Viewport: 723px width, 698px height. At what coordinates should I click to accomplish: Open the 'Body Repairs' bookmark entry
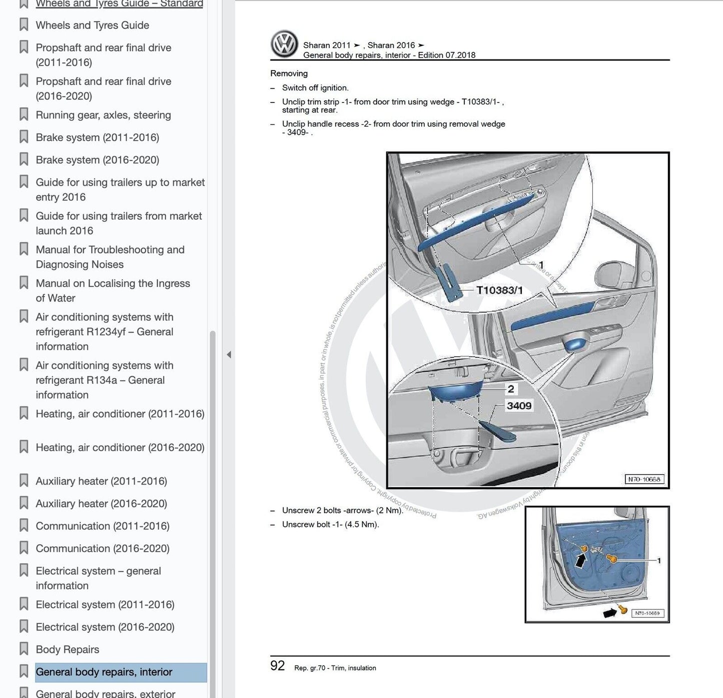[68, 649]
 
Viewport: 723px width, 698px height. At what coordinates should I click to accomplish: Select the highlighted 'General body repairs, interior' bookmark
[104, 671]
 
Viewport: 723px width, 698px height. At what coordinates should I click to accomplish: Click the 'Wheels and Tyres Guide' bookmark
[93, 25]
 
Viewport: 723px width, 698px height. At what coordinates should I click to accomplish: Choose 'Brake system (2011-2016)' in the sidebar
[98, 137]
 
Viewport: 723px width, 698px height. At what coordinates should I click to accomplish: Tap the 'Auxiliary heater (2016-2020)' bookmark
[102, 503]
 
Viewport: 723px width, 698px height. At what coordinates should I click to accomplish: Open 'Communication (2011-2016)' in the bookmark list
[103, 525]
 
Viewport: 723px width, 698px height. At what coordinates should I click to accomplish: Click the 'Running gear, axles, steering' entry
[104, 114]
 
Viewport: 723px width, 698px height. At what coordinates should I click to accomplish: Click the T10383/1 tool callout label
[499, 290]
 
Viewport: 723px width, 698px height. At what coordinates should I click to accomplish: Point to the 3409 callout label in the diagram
[519, 405]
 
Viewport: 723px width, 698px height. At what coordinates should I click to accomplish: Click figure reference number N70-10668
[644, 479]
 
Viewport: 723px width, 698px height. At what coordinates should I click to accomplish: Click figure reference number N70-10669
[647, 613]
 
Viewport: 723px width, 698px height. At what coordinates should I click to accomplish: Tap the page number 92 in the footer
[277, 665]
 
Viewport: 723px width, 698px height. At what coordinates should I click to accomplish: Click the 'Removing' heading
[289, 73]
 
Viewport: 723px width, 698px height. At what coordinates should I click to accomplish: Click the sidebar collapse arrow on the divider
[229, 354]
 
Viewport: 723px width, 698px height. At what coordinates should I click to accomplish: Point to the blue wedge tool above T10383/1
[449, 283]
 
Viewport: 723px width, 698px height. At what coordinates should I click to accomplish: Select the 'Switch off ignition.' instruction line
[315, 87]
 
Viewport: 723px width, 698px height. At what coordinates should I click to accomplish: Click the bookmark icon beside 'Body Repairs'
[24, 649]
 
